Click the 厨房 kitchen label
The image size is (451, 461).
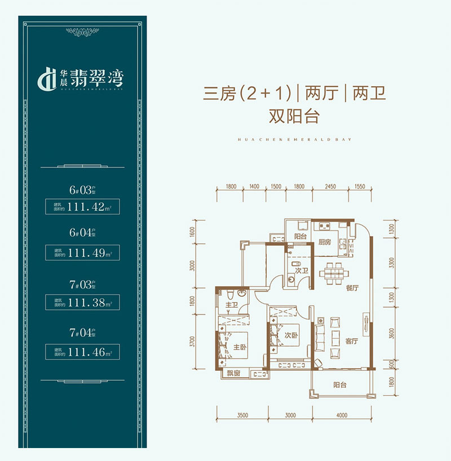(x=323, y=242)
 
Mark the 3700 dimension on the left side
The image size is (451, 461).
(x=193, y=343)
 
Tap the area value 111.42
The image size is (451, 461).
(x=86, y=207)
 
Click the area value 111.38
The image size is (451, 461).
(x=86, y=303)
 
